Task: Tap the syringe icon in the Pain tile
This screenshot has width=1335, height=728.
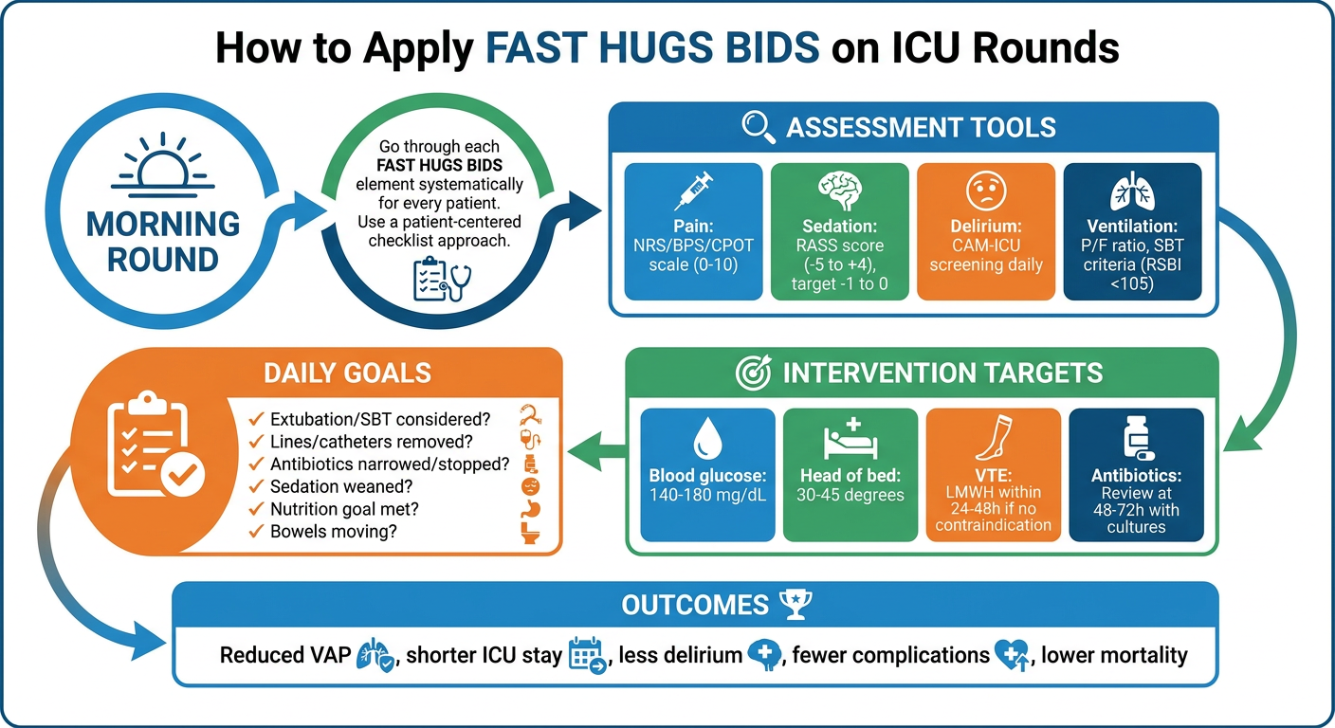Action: coord(694,191)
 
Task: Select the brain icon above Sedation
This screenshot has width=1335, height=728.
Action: coord(840,191)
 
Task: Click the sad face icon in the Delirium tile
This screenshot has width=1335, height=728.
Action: coord(986,191)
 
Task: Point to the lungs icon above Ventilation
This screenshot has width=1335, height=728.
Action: coord(1132,191)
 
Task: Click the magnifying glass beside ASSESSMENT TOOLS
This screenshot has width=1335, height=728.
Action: coord(759,127)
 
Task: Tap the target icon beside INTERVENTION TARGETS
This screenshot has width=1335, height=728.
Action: coord(754,373)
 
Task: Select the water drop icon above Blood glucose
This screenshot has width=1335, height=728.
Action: coord(708,439)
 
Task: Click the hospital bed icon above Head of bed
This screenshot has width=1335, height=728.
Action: coord(850,439)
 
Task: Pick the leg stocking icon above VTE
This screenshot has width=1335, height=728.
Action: coord(994,437)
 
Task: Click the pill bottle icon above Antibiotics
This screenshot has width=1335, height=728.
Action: coord(1137,439)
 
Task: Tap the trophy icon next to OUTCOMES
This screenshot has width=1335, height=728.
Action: coord(796,604)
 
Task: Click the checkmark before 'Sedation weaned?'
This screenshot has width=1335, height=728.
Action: coord(256,486)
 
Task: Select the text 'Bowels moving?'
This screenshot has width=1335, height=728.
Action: coord(333,532)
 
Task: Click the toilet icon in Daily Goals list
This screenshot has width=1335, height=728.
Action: coord(530,533)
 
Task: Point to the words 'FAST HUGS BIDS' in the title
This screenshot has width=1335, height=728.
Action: coord(652,47)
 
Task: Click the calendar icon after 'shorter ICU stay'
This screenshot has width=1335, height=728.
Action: coord(587,655)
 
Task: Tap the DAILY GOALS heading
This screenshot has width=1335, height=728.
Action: coord(347,373)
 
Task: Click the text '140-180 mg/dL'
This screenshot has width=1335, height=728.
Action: coord(707,495)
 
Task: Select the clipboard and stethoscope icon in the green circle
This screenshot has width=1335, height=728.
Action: coord(442,278)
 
